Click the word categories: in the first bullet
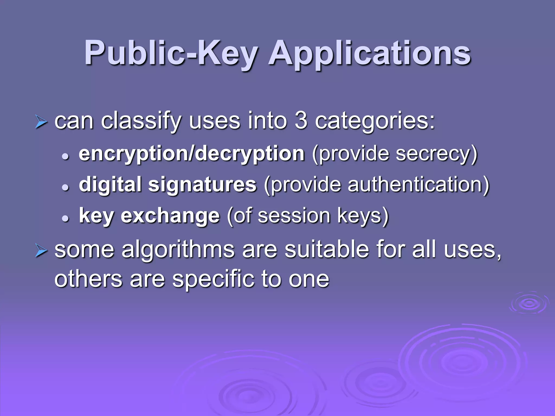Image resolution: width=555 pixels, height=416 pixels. [375, 121]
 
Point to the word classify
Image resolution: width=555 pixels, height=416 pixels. [141, 121]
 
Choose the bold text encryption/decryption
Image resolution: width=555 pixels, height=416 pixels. [192, 154]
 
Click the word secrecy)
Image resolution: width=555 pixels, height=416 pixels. [436, 154]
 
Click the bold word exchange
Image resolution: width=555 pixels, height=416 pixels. [170, 216]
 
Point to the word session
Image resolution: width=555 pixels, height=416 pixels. [294, 216]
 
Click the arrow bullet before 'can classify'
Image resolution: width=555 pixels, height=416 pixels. [41, 122]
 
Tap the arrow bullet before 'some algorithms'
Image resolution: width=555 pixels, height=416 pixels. [41, 251]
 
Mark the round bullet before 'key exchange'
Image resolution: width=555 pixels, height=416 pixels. [65, 218]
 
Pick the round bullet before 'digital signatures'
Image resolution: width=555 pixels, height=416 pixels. [65, 187]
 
